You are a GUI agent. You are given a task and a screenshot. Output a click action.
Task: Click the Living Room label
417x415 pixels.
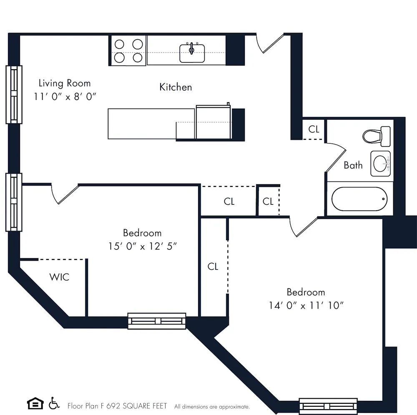pos(64,83)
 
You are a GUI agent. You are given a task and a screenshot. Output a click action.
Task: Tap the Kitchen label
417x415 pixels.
pos(176,87)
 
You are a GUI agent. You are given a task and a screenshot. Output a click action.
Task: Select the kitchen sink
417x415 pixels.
pos(192,53)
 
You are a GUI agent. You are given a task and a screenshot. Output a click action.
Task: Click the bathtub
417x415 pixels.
pos(359,199)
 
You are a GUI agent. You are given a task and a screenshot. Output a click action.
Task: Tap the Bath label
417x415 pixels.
pos(353,166)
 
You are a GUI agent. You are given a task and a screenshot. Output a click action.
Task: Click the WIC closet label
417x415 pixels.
pos(59,277)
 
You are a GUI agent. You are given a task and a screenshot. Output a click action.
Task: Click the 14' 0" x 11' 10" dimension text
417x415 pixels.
pos(306,305)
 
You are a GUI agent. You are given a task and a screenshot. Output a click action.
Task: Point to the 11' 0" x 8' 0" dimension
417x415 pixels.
pos(65,96)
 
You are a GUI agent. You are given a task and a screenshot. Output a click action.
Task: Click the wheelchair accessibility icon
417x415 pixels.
pos(53,404)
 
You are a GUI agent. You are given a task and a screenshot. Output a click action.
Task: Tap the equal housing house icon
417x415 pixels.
pos(35,404)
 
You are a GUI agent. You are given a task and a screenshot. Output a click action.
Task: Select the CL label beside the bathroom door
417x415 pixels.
pos(314,129)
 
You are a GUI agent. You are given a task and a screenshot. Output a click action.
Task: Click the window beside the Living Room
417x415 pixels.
pos(14,94)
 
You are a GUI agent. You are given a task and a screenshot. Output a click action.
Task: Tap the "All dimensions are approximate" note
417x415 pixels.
pos(212,407)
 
